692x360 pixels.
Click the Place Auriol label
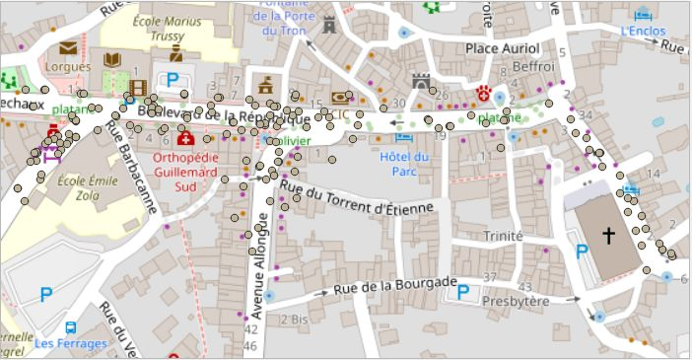click(503, 48)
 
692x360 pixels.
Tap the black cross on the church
click(609, 236)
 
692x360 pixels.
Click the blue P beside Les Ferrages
click(46, 293)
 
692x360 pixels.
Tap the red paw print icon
click(484, 94)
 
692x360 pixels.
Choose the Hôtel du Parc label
click(404, 164)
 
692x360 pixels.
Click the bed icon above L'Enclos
click(645, 14)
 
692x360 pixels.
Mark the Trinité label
click(503, 236)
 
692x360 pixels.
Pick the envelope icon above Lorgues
click(68, 47)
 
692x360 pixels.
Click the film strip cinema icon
click(138, 87)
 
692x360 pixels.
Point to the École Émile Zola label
click(88, 188)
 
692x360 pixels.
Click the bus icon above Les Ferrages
click(71, 327)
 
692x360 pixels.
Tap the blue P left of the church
click(583, 252)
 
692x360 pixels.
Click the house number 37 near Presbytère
click(491, 276)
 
